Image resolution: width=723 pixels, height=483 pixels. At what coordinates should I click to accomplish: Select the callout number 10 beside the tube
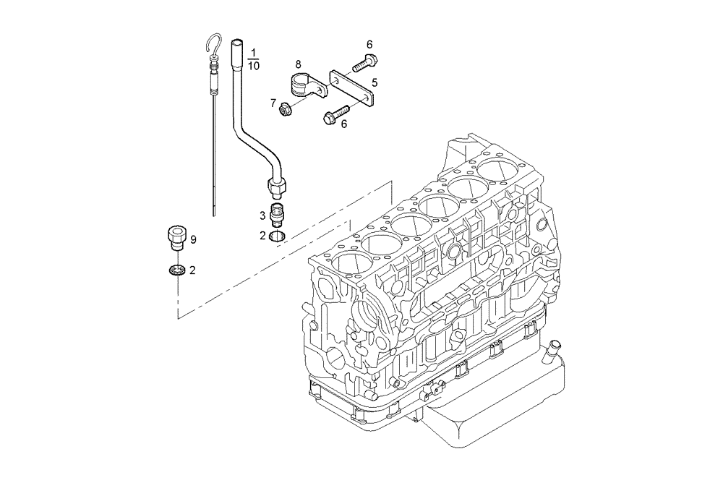[x=254, y=66]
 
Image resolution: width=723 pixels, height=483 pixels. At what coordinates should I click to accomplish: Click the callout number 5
[x=375, y=82]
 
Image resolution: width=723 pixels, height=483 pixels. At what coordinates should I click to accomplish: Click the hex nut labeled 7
[x=285, y=110]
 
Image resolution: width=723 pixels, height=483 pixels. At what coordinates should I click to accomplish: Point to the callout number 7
[x=273, y=103]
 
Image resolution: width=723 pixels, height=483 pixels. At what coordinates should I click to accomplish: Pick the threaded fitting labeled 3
[x=276, y=215]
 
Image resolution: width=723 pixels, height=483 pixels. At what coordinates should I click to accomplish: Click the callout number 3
[x=262, y=215]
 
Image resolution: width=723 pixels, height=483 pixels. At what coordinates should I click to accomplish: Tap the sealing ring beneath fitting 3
[x=276, y=235]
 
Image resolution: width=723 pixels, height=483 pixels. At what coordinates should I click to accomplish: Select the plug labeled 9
[x=176, y=236]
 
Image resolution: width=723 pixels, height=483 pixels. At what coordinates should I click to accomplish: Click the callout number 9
[x=194, y=239]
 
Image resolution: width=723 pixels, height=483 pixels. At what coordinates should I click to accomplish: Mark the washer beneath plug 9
[x=177, y=270]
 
